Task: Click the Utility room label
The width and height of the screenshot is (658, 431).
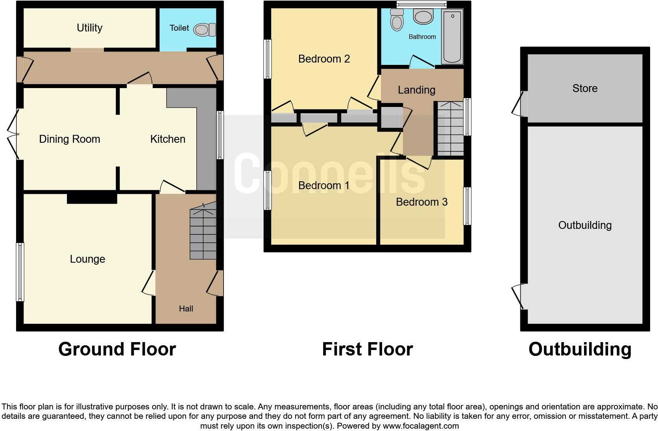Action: pyautogui.click(x=89, y=28)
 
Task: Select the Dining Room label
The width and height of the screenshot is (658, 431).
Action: pyautogui.click(x=70, y=139)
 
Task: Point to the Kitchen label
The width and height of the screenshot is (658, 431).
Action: pyautogui.click(x=168, y=139)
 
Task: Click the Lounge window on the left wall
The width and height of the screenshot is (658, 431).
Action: pyautogui.click(x=20, y=272)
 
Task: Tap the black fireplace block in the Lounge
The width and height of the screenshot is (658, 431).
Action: pyautogui.click(x=92, y=198)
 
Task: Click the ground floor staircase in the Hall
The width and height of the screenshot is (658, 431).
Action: pyautogui.click(x=203, y=233)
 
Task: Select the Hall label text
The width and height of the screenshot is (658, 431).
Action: pyautogui.click(x=186, y=309)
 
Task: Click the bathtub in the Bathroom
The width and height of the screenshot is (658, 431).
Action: pyautogui.click(x=452, y=37)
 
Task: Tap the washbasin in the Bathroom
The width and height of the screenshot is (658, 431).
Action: pyautogui.click(x=423, y=17)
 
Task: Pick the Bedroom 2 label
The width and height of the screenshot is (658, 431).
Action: pyautogui.click(x=324, y=59)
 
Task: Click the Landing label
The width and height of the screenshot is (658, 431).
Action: pyautogui.click(x=416, y=90)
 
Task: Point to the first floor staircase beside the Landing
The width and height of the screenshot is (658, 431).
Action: pyautogui.click(x=450, y=128)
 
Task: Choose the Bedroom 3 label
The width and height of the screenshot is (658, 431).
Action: pyautogui.click(x=421, y=202)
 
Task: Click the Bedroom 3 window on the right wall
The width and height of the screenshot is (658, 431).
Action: pyautogui.click(x=467, y=206)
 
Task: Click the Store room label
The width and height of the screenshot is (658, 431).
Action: pyautogui.click(x=585, y=88)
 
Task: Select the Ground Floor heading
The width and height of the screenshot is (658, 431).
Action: pyautogui.click(x=117, y=349)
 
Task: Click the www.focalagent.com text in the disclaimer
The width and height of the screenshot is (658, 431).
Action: pyautogui.click(x=421, y=426)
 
